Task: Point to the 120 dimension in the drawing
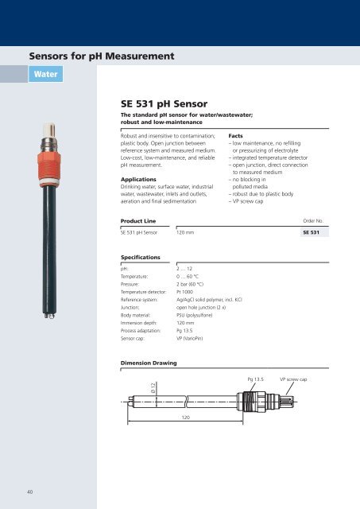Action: [x=185, y=439]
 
